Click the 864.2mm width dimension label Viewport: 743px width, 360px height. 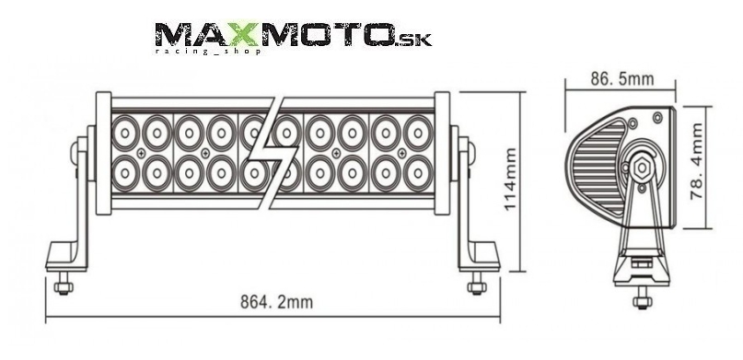(277, 302)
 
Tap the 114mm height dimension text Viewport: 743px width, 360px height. (510, 180)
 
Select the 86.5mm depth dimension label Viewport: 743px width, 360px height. (622, 78)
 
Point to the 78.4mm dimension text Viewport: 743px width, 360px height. (697, 161)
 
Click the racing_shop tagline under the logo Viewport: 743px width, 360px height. (208, 51)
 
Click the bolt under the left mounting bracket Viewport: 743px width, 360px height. (63, 285)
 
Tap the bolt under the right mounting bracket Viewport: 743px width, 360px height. (477, 285)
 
